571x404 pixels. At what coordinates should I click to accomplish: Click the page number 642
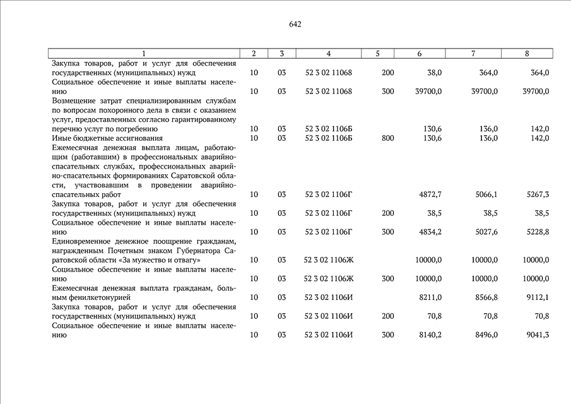coord(295,25)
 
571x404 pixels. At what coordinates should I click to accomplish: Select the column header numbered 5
coord(377,54)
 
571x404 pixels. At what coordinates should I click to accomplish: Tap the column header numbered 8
coord(527,54)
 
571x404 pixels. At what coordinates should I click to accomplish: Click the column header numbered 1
coord(144,54)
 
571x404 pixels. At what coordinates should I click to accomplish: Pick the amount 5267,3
coord(537,194)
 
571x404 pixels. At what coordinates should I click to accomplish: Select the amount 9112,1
coord(537,297)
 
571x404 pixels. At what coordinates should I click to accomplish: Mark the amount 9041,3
coord(537,335)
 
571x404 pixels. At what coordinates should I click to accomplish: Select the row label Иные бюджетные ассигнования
coord(98,138)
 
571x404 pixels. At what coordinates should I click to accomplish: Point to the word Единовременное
coord(81,241)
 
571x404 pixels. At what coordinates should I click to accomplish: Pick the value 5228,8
coord(537,232)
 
